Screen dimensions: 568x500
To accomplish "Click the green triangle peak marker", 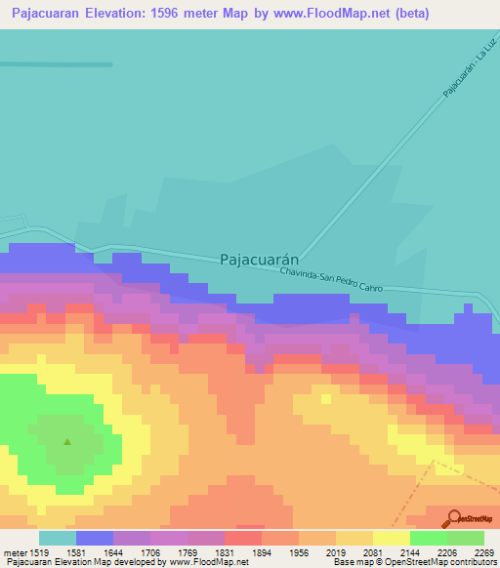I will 67,441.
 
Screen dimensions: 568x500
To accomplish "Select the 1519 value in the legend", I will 39,551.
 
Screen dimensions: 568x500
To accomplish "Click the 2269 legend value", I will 482,551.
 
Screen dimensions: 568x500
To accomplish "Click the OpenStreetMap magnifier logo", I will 451,518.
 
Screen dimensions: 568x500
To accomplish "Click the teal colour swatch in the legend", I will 58,538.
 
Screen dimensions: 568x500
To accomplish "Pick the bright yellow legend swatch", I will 392,538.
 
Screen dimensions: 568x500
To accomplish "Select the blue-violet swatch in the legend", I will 95,538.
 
